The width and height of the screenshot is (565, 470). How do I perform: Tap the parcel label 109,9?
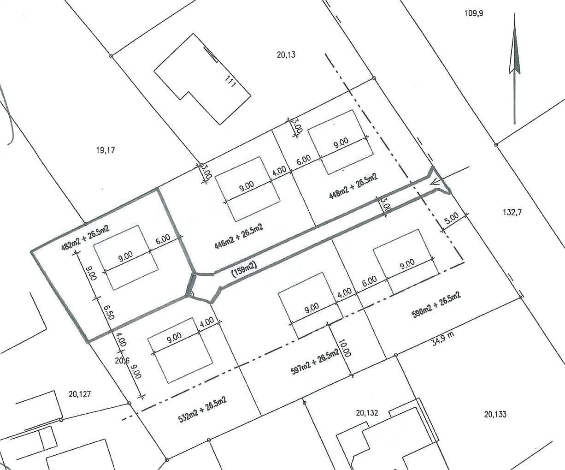click(x=474, y=13)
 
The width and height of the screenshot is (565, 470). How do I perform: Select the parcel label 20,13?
click(x=286, y=54)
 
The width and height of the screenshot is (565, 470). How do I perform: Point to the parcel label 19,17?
click(x=105, y=150)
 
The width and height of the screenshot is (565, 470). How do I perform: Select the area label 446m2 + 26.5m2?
click(x=239, y=236)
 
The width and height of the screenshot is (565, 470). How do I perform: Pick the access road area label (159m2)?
click(x=244, y=269)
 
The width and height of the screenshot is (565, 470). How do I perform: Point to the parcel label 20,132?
click(x=367, y=413)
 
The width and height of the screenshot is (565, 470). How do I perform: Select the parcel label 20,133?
click(x=495, y=414)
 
